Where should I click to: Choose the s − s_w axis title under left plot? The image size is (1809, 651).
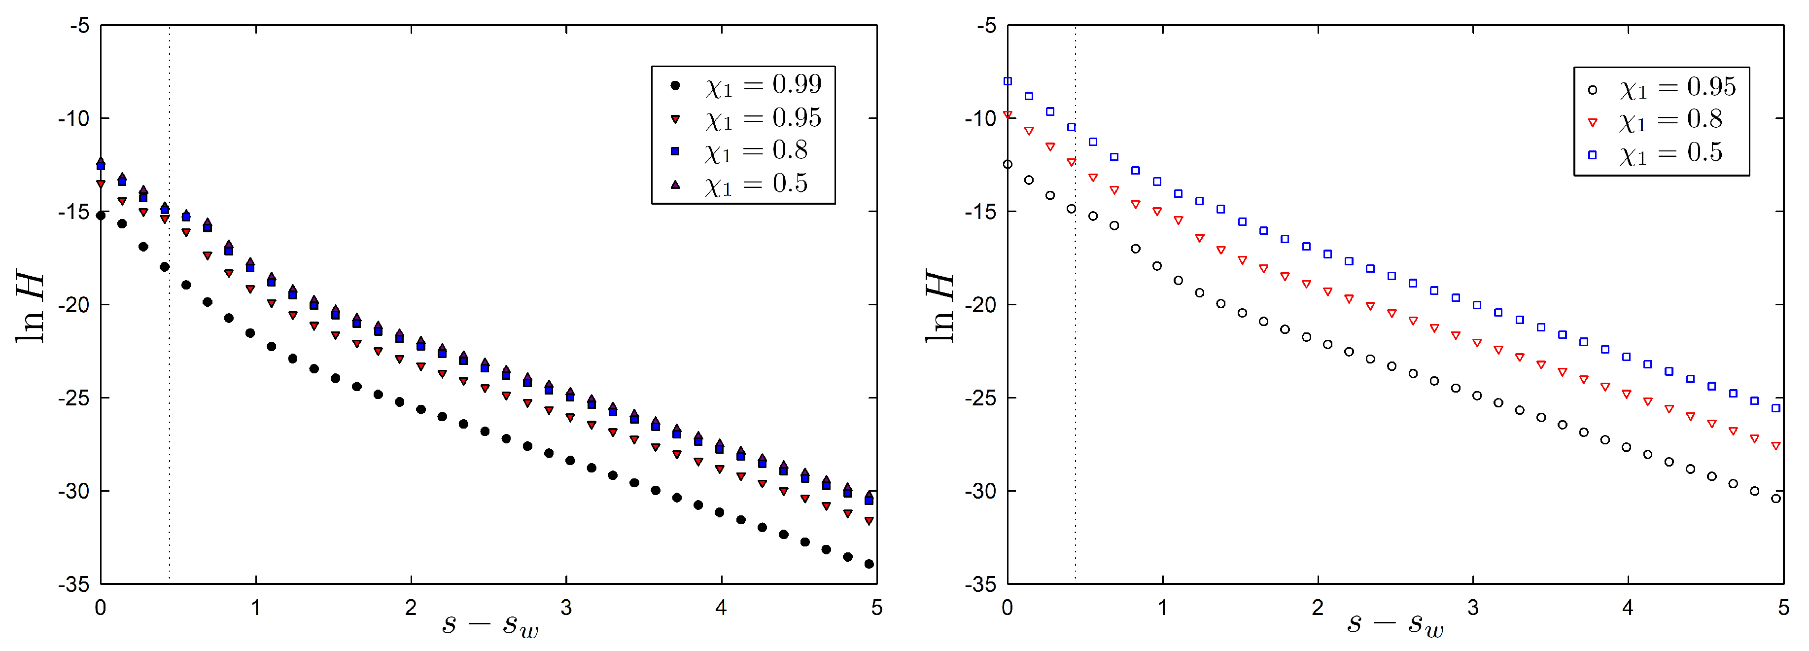point(490,623)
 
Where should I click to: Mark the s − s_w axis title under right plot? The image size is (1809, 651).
point(1395,623)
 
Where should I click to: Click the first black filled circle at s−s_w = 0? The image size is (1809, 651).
point(101,216)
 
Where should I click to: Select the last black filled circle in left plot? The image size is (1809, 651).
point(869,564)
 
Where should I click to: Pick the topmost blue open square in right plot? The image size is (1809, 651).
point(1008,81)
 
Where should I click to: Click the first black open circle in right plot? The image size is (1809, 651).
point(1008,164)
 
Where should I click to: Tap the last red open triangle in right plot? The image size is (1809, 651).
point(1776,446)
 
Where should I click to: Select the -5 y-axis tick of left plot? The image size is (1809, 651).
point(79,26)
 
